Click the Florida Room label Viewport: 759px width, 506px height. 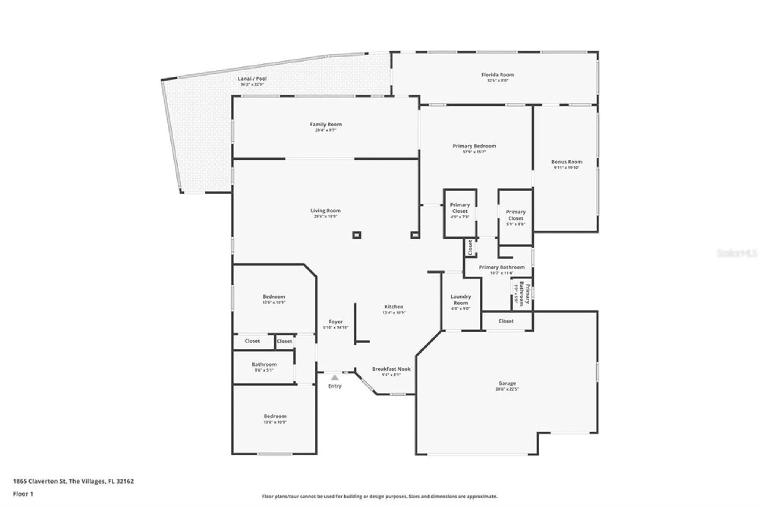click(x=498, y=75)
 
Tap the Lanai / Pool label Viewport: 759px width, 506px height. click(x=252, y=79)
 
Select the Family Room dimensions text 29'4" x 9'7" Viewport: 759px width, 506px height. click(x=326, y=130)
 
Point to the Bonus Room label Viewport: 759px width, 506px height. click(x=567, y=161)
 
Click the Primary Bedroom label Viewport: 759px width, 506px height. click(x=474, y=146)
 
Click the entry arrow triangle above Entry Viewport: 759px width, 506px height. click(x=335, y=378)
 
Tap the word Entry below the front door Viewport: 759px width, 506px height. click(x=335, y=386)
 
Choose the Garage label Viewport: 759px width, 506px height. click(x=507, y=383)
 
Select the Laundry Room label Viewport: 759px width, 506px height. click(x=460, y=299)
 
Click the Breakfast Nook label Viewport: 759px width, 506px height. click(x=391, y=369)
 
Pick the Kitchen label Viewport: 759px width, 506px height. click(x=394, y=307)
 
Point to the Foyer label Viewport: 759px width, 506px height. click(x=335, y=321)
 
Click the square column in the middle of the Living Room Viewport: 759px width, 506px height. click(x=356, y=235)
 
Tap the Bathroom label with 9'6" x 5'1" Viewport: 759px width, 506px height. click(x=264, y=364)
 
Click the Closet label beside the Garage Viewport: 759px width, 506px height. click(x=506, y=321)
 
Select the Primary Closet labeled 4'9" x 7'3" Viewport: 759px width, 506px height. click(x=460, y=208)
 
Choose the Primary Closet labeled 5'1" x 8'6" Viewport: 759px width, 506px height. click(x=515, y=215)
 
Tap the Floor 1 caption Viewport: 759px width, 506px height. click(x=23, y=494)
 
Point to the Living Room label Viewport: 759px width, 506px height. click(x=326, y=210)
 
